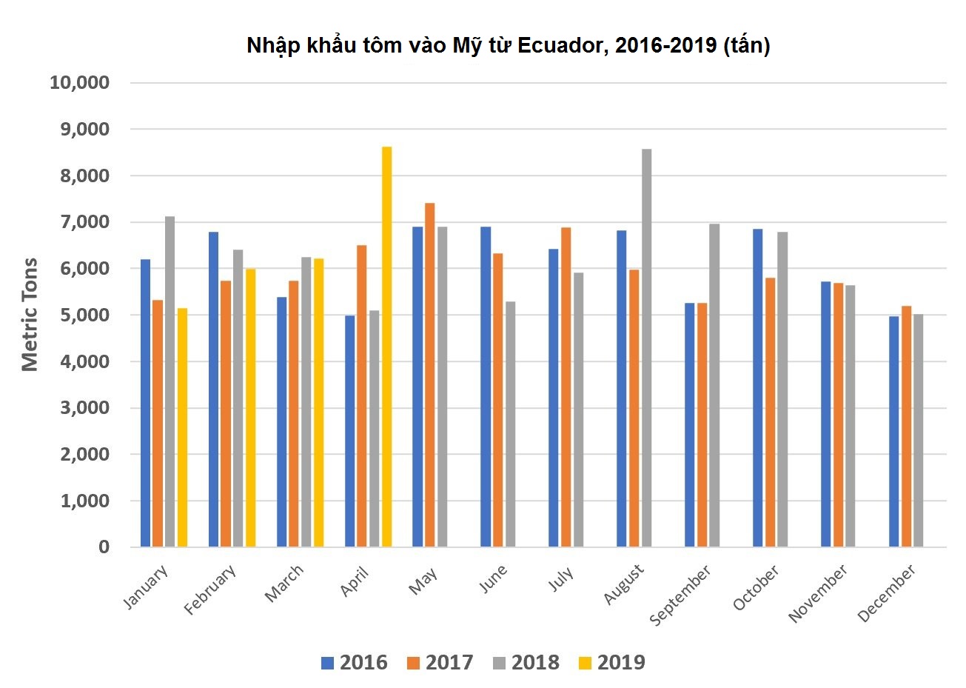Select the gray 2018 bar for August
(646, 348)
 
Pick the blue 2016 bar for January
(145, 403)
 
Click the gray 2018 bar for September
(714, 385)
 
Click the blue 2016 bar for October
(758, 388)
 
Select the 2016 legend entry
(354, 662)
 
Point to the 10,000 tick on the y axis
(80, 83)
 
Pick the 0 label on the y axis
(104, 547)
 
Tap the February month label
(211, 590)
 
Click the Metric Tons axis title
(30, 315)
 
